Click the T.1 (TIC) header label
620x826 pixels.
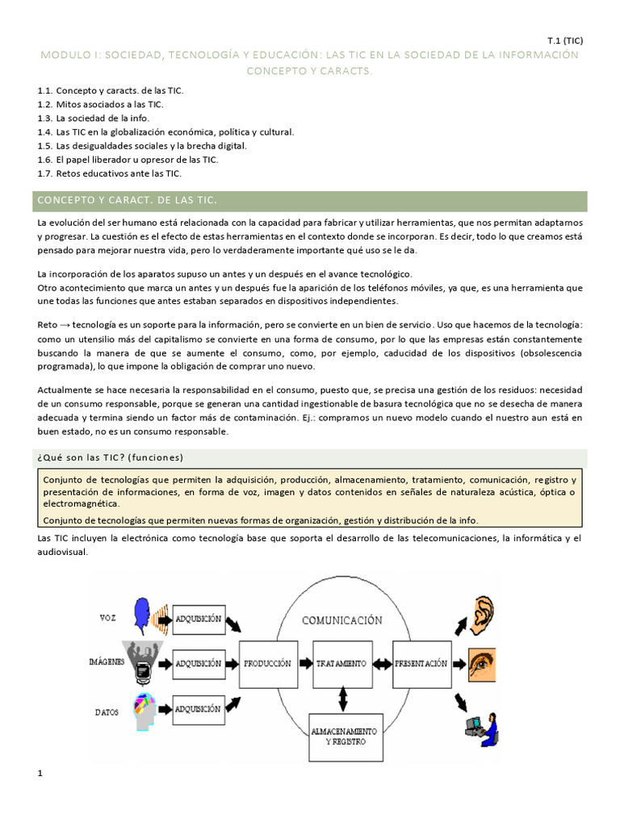coord(564,40)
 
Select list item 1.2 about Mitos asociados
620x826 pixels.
coord(101,104)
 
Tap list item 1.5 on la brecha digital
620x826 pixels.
coord(142,145)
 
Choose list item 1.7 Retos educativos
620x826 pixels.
coord(110,173)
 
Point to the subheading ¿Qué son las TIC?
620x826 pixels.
coord(111,457)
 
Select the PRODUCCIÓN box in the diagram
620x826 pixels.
coord(267,663)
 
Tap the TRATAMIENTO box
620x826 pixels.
coord(342,663)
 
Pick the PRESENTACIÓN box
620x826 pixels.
coord(421,663)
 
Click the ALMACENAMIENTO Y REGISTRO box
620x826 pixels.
coord(342,735)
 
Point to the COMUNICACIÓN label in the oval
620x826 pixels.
coord(341,620)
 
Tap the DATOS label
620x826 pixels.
coord(107,711)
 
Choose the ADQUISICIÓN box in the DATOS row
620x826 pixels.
coord(197,709)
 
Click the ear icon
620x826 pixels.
coord(482,613)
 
